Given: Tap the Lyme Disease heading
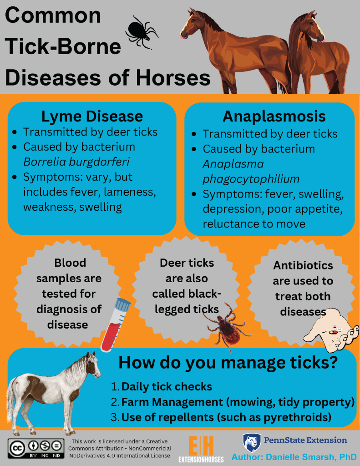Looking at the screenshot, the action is point(92,116).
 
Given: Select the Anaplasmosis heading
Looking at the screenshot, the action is point(274,116).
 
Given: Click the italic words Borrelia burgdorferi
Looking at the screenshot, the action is point(76,162).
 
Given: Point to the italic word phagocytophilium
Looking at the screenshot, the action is point(251,179).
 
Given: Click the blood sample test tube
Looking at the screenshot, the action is point(115,325).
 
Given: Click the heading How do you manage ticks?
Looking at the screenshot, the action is point(228,363).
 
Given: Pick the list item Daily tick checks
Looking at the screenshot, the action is point(167,387).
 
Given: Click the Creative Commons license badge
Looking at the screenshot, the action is point(36,448).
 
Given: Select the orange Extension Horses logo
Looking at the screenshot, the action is point(201,449).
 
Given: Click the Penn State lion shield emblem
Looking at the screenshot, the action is point(252,443).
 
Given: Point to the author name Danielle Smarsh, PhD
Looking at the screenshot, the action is point(311,457).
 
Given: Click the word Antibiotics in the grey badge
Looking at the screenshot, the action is point(303,265).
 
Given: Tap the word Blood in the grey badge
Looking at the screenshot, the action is point(70,263).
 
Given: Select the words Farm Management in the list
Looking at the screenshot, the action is point(172,402).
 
